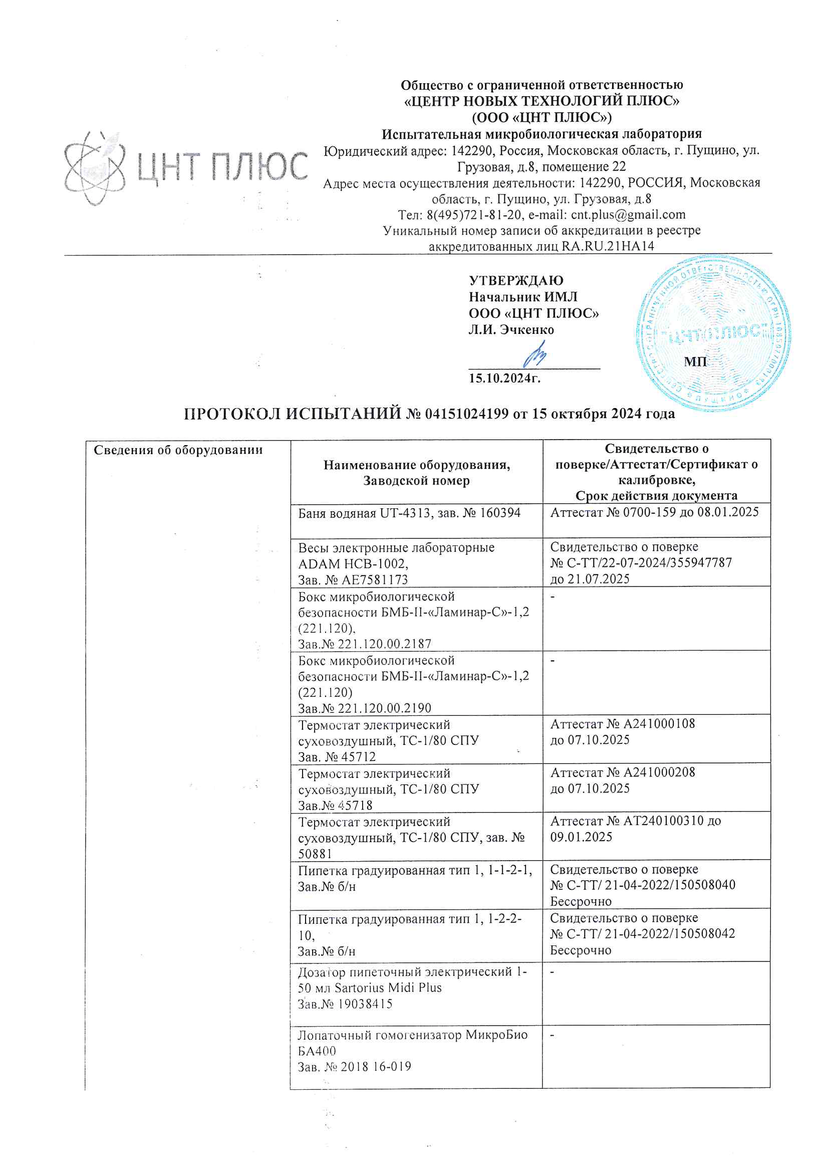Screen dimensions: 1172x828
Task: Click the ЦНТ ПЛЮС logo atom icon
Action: [x=95, y=168]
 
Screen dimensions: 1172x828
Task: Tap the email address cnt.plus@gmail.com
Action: [x=628, y=215]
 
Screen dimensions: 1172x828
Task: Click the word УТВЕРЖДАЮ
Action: [x=516, y=281]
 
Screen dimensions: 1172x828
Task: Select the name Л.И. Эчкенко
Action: [x=511, y=330]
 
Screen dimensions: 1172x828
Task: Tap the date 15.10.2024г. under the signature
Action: [x=504, y=378]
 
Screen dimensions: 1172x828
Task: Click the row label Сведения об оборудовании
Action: [x=178, y=450]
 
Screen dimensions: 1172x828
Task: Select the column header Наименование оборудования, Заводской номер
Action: [x=416, y=473]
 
